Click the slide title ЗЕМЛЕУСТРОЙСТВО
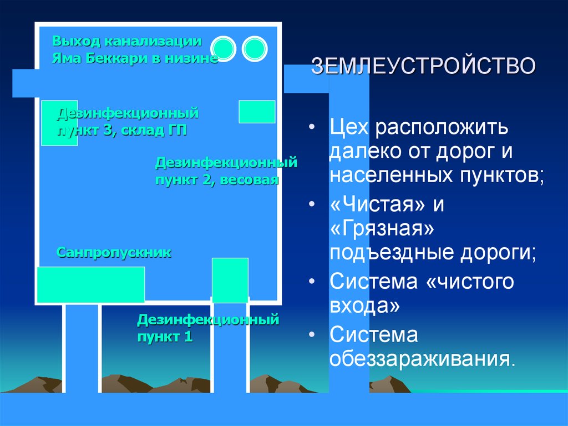[423, 66]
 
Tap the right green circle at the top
[255, 50]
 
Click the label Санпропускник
[114, 253]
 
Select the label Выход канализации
[126, 41]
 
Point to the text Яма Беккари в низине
[135, 58]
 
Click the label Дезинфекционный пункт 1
[207, 328]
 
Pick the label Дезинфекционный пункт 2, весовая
[226, 171]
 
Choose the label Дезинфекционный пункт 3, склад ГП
[128, 122]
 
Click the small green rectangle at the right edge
[257, 112]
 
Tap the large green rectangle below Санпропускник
[90, 284]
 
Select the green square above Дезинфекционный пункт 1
[230, 280]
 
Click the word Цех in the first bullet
[349, 127]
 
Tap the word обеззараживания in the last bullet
[422, 358]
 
